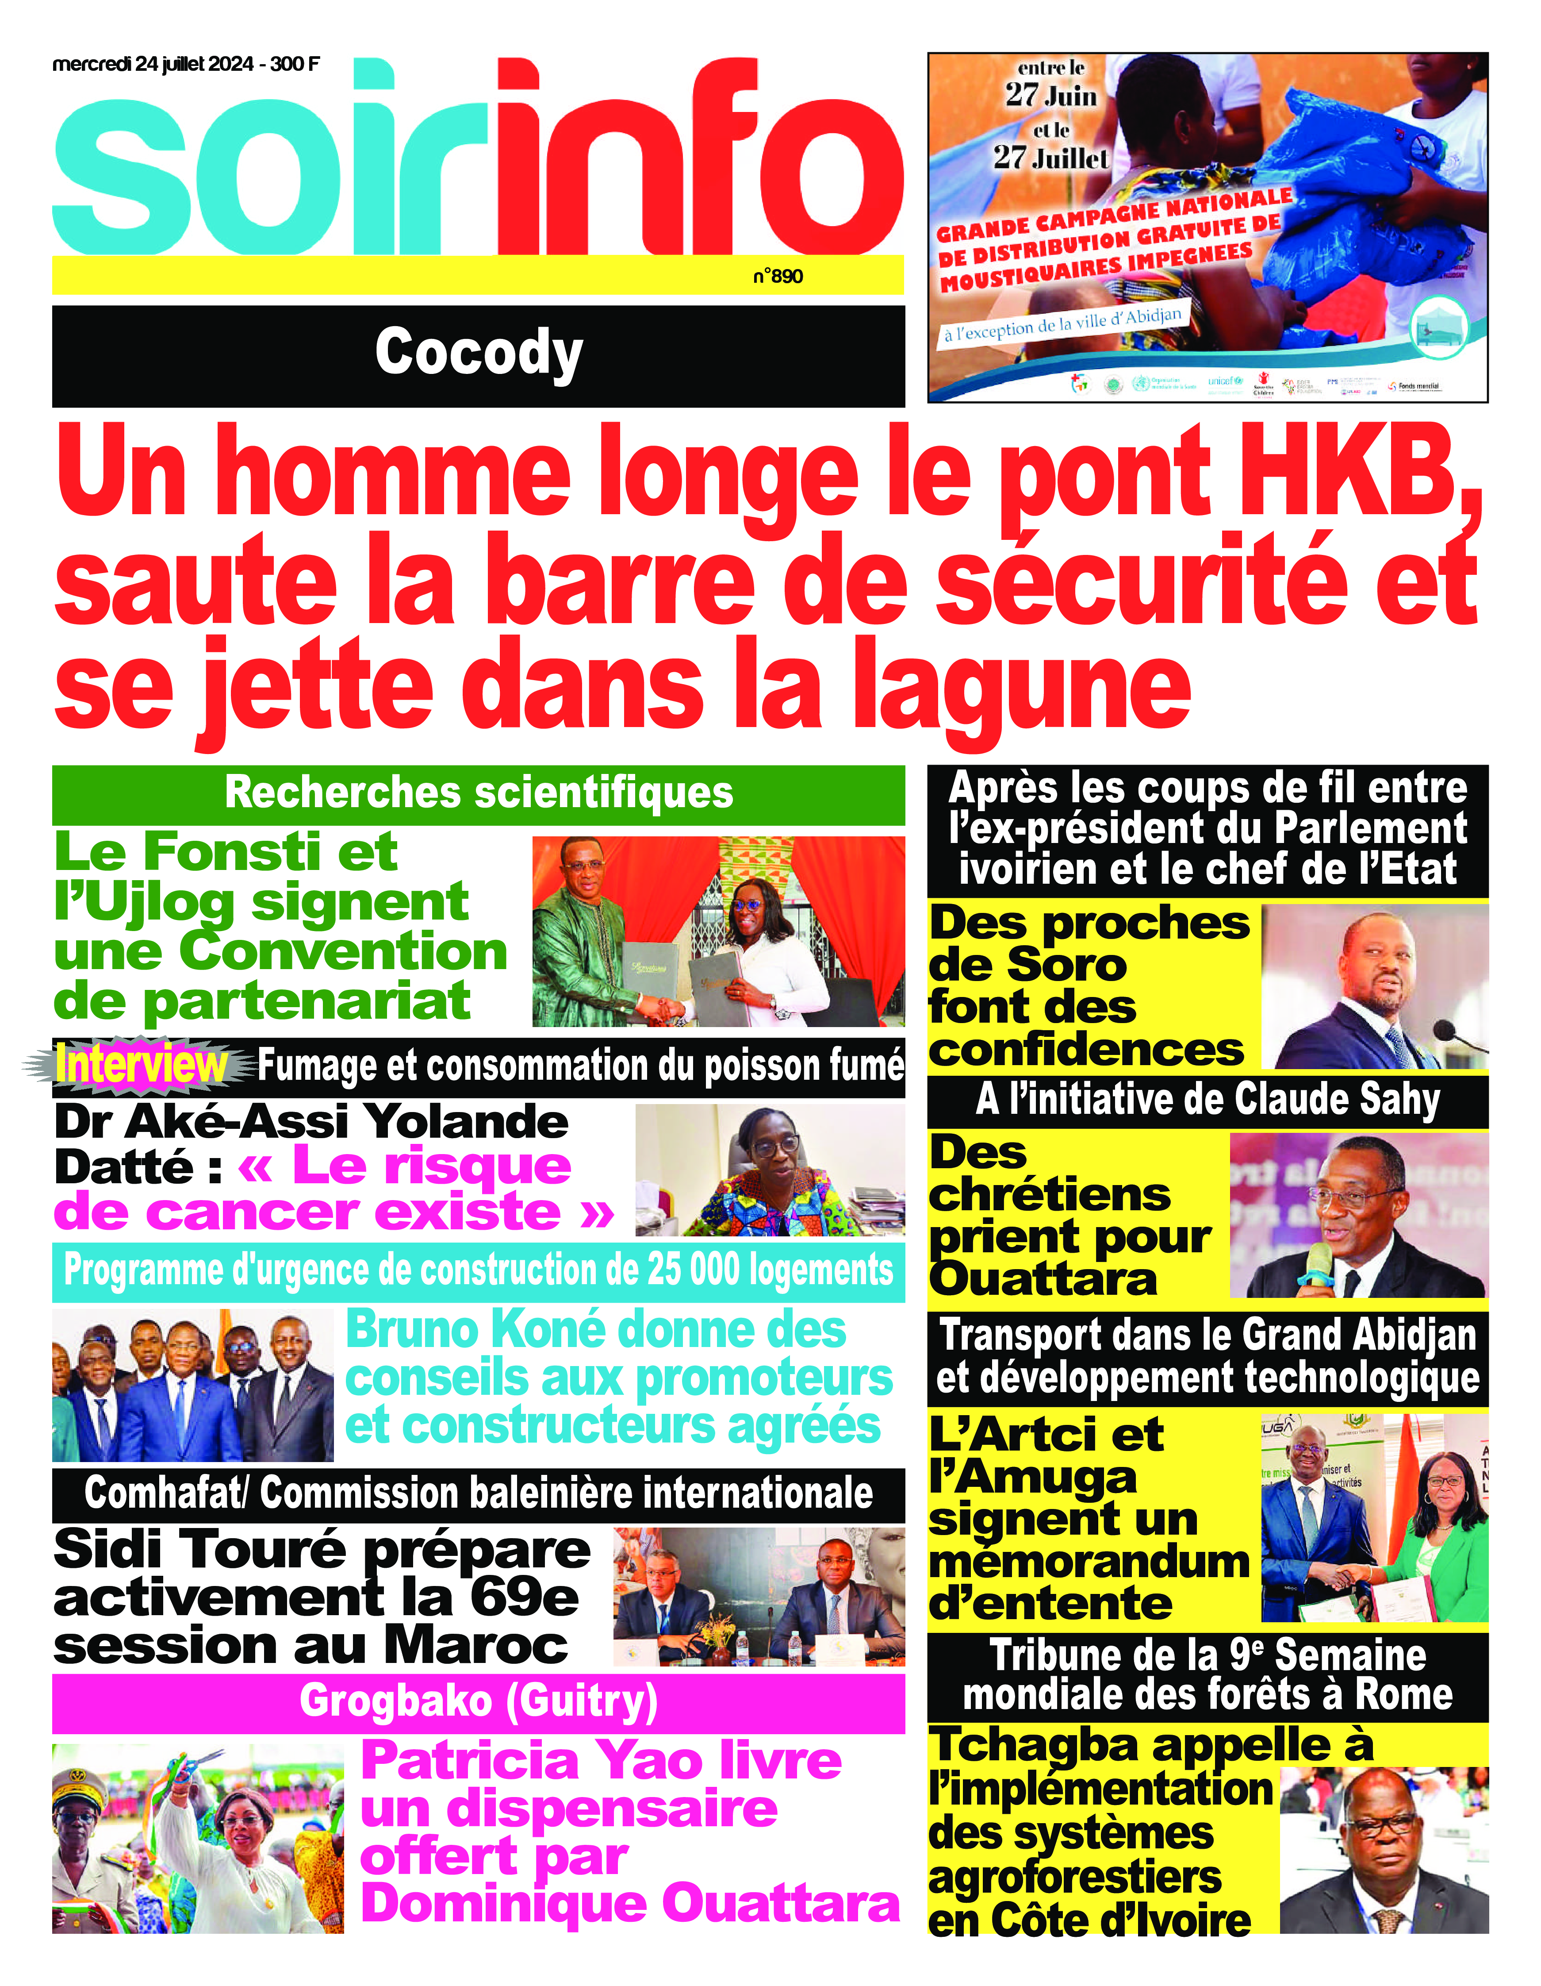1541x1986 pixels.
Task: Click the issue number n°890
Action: (777, 277)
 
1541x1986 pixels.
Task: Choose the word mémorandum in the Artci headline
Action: (1088, 1562)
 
